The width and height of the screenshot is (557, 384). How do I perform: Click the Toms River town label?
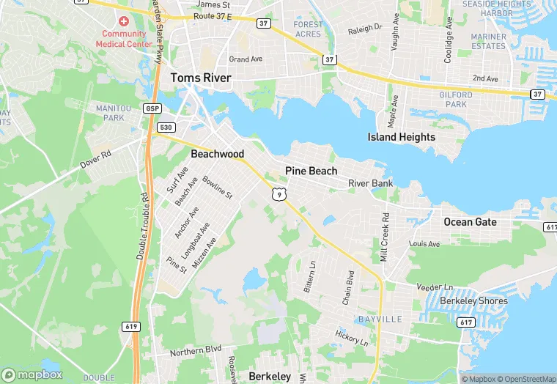tap(201, 78)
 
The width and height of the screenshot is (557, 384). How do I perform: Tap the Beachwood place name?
tap(217, 154)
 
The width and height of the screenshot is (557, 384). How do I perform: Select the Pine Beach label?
tap(311, 171)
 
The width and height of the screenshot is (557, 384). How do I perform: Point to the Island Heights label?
tap(402, 137)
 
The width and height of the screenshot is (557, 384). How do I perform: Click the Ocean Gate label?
tap(470, 221)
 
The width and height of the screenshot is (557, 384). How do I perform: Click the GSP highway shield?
tap(152, 108)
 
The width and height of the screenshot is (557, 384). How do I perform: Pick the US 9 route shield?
tap(278, 194)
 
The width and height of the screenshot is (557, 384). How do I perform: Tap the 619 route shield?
tap(131, 327)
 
